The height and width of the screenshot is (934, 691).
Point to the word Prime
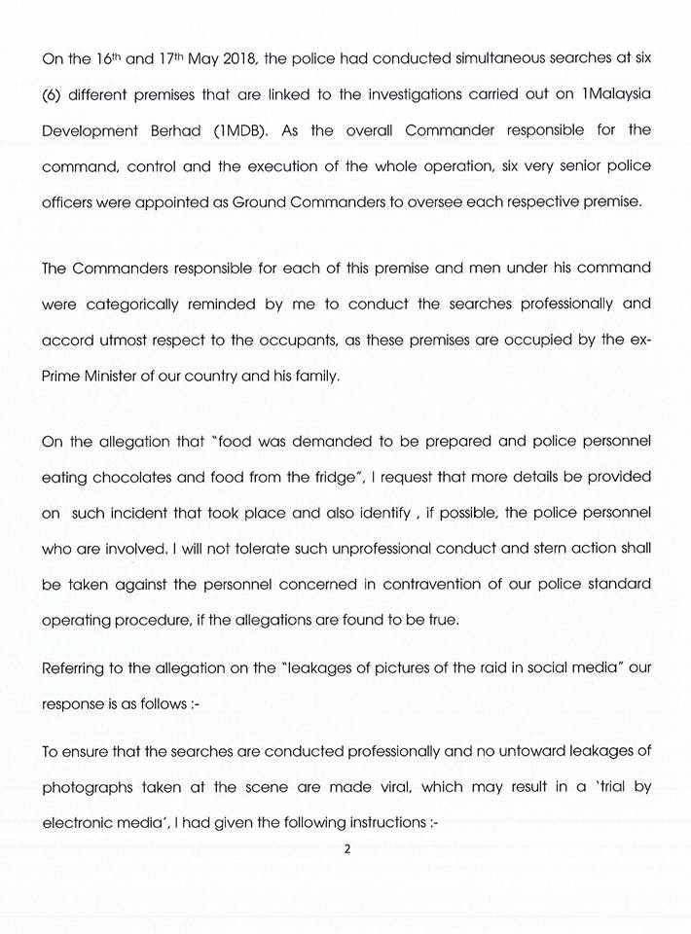[x=63, y=376]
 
